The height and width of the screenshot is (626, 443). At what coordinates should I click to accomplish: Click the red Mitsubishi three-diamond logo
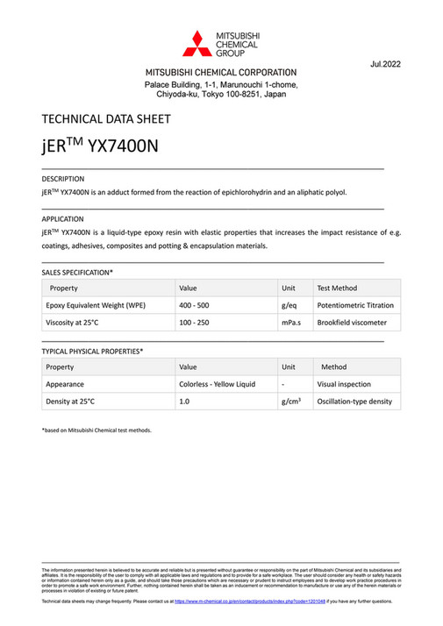click(196, 41)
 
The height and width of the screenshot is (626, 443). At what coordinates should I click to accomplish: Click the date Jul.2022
click(386, 65)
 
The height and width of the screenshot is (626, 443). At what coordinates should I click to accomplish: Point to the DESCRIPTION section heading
click(63, 178)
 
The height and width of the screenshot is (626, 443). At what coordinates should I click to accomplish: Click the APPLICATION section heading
click(63, 218)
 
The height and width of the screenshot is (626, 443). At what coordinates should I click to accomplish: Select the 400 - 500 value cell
click(196, 305)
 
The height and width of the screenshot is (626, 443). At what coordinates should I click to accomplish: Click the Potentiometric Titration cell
click(355, 305)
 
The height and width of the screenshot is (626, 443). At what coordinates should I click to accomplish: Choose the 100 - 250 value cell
click(196, 323)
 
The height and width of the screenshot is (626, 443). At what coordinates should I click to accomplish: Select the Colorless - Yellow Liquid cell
click(217, 384)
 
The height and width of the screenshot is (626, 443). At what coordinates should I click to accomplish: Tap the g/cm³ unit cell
click(291, 401)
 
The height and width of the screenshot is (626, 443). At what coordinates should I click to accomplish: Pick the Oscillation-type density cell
click(354, 402)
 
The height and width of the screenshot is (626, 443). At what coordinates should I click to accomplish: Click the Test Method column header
click(337, 288)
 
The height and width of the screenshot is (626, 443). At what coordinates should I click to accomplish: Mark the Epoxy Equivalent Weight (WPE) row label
click(96, 305)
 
